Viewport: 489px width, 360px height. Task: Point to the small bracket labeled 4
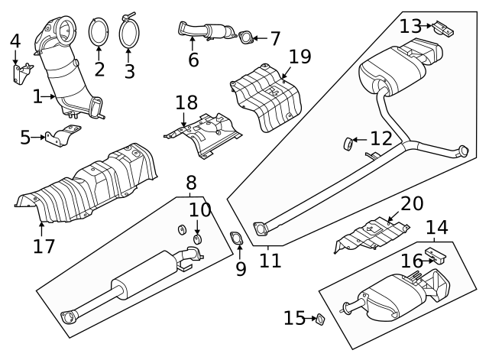[x=20, y=74]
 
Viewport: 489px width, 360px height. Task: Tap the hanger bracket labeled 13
[x=442, y=30]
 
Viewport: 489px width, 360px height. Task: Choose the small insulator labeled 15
[x=321, y=319]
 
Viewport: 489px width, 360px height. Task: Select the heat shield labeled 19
[x=267, y=96]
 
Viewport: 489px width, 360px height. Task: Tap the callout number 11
[x=270, y=260]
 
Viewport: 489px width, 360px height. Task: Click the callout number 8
[x=190, y=184]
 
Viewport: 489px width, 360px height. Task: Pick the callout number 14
[x=436, y=227]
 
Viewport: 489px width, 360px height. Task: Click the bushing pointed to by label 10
[x=198, y=241]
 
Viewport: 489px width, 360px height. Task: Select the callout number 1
[x=37, y=97]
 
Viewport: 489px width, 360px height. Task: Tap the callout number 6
[x=193, y=59]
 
